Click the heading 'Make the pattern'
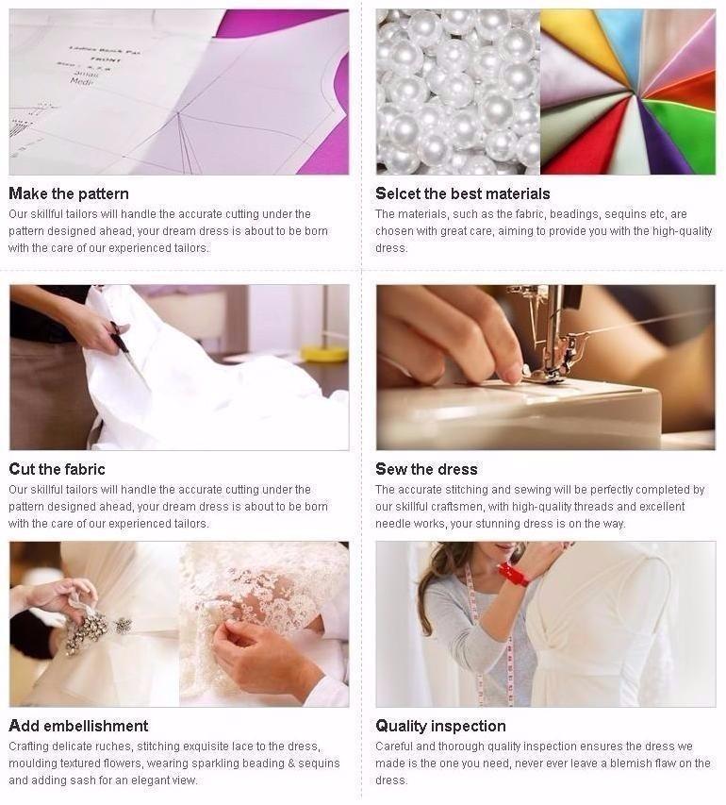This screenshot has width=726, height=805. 69,193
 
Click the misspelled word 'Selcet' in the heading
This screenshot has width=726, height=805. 398,193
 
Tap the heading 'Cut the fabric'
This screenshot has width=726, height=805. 57,469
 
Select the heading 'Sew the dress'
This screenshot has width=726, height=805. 426,469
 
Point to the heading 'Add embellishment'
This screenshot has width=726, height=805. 78,726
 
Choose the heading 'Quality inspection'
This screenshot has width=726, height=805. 440,726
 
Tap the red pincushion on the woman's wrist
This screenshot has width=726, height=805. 514,575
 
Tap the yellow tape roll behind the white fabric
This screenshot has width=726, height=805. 324,353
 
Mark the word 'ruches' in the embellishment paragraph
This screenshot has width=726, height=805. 114,746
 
